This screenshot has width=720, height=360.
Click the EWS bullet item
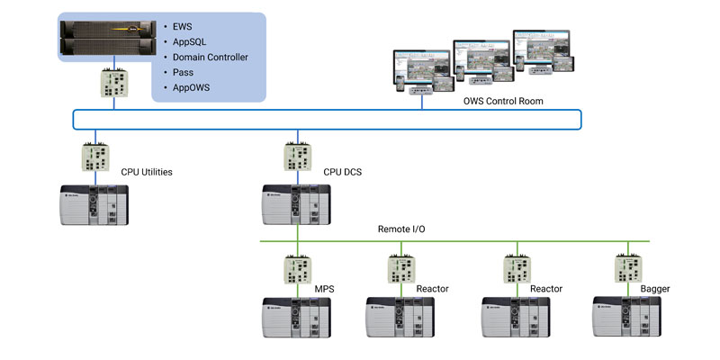[184, 26]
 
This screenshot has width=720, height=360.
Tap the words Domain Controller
[209, 57]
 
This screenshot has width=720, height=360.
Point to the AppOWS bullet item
[195, 87]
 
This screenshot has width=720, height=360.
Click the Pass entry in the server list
[184, 72]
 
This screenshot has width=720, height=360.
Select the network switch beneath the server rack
[113, 84]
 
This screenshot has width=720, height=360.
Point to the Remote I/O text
[401, 229]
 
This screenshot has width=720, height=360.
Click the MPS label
[326, 288]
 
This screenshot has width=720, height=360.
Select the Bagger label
[655, 288]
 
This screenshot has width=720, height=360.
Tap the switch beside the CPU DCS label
[297, 157]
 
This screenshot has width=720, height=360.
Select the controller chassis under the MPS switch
[297, 317]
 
